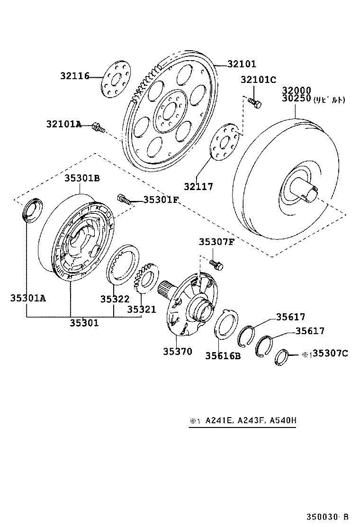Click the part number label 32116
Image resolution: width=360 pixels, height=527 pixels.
coord(74,76)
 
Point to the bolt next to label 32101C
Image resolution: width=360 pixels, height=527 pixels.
coord(254,102)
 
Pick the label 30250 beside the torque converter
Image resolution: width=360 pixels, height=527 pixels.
coord(296,99)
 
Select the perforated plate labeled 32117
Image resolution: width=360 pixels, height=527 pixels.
coord(225,142)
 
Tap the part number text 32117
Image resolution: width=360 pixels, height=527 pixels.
coord(198,187)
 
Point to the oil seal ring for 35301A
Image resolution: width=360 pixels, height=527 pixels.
coord(32,210)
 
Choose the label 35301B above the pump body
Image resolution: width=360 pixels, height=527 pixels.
coord(82,178)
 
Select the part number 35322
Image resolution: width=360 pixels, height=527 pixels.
coord(115,300)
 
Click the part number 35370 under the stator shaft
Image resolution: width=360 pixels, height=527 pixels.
coord(178,351)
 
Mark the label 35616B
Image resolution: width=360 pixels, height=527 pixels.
coord(223,355)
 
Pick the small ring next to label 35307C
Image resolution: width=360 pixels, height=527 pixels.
coord(281,356)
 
